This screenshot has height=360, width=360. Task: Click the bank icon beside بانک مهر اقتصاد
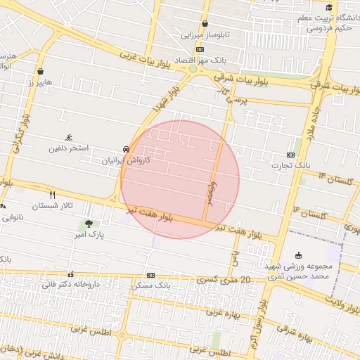[x=200, y=49]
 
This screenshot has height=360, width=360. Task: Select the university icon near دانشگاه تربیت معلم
[x=329, y=7]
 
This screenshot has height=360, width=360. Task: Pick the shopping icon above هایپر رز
[x=41, y=72]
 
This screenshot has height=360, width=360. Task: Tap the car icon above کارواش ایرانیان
[x=125, y=150]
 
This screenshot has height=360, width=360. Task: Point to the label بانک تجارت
[x=292, y=165]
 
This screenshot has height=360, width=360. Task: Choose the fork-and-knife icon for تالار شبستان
[x=52, y=194]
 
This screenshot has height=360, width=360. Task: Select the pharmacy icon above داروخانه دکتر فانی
[x=70, y=274]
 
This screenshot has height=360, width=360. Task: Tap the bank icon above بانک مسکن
[x=150, y=275]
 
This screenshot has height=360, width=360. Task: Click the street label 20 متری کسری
[x=225, y=280]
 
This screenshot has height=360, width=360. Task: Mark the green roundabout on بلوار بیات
[x=192, y=69]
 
